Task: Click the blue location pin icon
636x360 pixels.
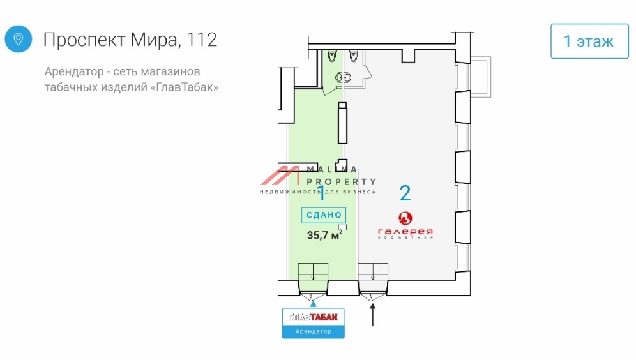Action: point(19,40)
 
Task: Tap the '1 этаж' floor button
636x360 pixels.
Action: point(589,41)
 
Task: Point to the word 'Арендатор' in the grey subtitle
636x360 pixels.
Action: point(71,71)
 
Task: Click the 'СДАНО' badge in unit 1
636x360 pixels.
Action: point(324,215)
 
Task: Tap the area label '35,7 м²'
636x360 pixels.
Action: point(324,234)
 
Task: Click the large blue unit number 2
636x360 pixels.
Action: point(405,192)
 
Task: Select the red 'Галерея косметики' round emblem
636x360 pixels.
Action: point(405,218)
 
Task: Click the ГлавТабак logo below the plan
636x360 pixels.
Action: point(313,317)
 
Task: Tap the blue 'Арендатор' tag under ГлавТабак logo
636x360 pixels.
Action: point(313,332)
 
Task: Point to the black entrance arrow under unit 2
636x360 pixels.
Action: point(374,315)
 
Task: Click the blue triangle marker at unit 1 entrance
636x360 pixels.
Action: point(313,304)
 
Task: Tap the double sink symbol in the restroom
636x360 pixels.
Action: point(344,77)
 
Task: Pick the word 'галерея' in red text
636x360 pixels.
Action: point(405,230)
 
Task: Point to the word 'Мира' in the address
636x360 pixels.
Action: point(153,40)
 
